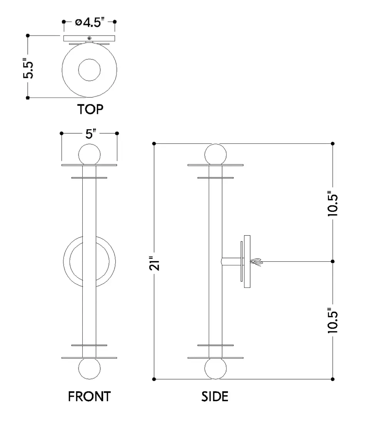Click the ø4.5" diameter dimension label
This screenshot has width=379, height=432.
coord(90,22)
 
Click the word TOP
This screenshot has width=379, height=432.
coord(90,110)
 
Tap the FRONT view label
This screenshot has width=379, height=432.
coord(89,397)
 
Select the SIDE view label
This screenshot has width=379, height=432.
coord(215,397)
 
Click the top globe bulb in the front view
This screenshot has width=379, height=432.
coord(89,155)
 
